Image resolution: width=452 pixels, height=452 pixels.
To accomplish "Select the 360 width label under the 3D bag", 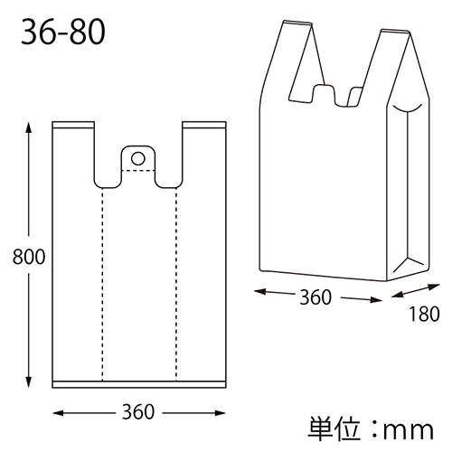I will (x=315, y=297).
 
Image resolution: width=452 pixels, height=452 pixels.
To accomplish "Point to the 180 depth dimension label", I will (x=422, y=315).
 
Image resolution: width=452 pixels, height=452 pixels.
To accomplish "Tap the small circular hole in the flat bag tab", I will (x=138, y=158).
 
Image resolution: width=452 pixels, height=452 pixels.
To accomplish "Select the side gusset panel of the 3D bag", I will (x=407, y=190).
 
